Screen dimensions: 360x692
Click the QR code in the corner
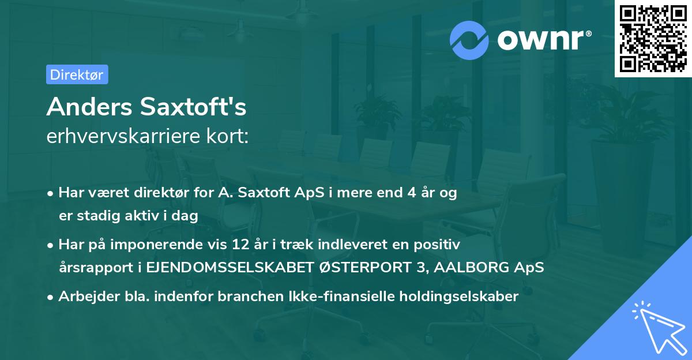tap(653, 39)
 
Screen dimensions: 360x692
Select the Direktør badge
tap(77, 74)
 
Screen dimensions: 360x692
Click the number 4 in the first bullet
tap(412, 193)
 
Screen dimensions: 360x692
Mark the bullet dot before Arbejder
tap(51, 297)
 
